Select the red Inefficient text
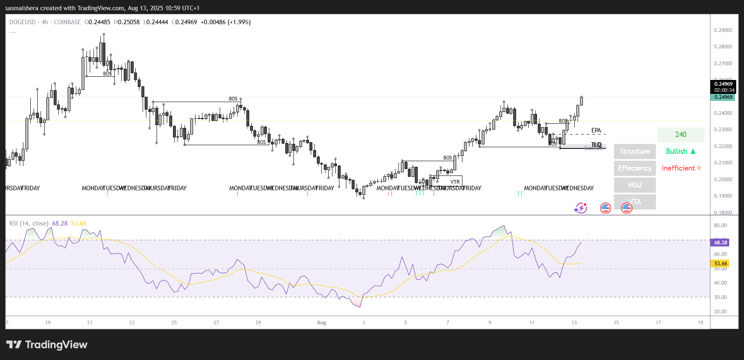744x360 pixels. click(678, 168)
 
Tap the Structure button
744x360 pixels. click(635, 151)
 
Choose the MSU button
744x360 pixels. click(635, 185)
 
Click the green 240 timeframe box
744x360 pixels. click(681, 134)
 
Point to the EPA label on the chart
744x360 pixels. click(596, 131)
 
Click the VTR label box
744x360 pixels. click(455, 182)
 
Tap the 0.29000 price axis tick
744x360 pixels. click(723, 30)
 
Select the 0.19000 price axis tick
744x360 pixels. click(723, 196)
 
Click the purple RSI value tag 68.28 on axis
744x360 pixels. click(721, 243)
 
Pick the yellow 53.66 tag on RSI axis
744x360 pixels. click(721, 264)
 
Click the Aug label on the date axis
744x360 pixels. click(321, 323)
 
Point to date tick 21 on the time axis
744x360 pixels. click(90, 323)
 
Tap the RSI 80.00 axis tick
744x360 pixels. click(720, 226)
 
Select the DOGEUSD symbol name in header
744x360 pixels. click(23, 22)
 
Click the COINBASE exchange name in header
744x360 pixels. click(67, 22)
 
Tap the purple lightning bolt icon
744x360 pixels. click(580, 208)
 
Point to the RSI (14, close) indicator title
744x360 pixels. click(29, 223)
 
